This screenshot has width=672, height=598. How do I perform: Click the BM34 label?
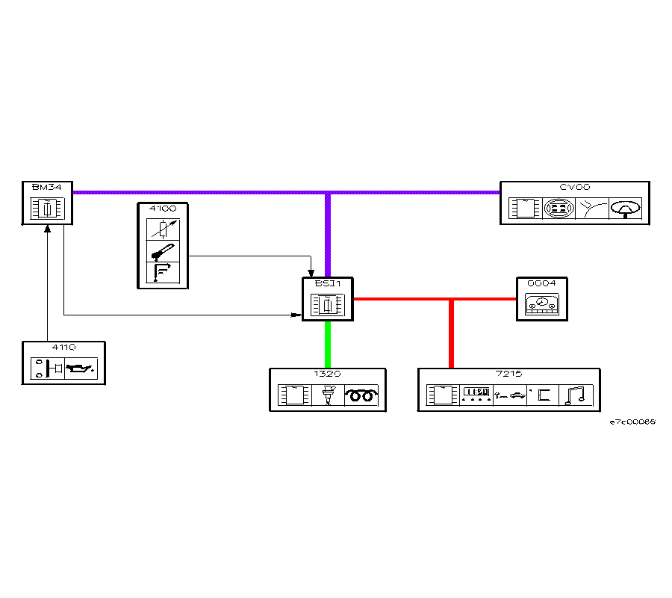pyautogui.click(x=42, y=187)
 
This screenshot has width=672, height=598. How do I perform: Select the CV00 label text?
pyautogui.click(x=574, y=187)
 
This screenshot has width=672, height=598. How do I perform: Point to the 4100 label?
pyautogui.click(x=162, y=209)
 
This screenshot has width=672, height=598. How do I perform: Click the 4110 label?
pyautogui.click(x=63, y=348)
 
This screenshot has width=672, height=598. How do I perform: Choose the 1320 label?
pyautogui.click(x=328, y=374)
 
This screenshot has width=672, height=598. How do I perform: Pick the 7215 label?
pyautogui.click(x=508, y=374)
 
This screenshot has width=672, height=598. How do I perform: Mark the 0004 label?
pyautogui.click(x=541, y=284)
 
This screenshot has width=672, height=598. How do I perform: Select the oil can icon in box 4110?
pyautogui.click(x=81, y=369)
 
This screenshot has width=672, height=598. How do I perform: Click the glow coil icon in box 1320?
pyautogui.click(x=361, y=395)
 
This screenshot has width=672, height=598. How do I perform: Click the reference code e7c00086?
pyautogui.click(x=632, y=422)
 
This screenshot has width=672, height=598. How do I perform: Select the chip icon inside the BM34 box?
pyautogui.click(x=46, y=209)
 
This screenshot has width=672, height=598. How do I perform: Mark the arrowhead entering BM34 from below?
pyautogui.click(x=47, y=229)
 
